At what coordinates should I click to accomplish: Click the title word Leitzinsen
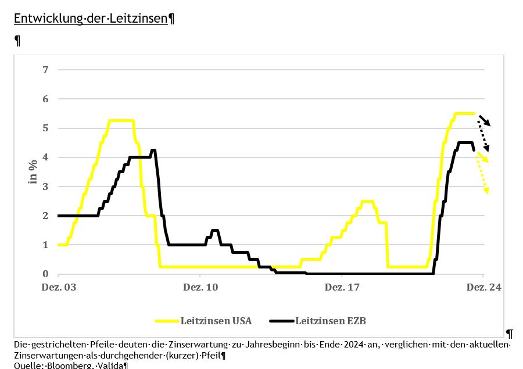142,18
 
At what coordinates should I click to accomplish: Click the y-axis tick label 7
45,70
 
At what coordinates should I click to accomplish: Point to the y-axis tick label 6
45,99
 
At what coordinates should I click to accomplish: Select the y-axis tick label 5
45,128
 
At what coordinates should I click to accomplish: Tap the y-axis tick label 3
45,187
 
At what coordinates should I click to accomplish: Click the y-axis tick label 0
45,274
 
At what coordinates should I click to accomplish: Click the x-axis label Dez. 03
58,287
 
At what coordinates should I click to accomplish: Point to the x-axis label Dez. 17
342,287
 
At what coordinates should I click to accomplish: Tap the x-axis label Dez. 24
483,287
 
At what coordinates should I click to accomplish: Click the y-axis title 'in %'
33,172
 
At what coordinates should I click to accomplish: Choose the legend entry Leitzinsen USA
216,320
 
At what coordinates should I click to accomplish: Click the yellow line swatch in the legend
167,320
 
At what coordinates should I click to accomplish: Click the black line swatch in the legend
282,320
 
